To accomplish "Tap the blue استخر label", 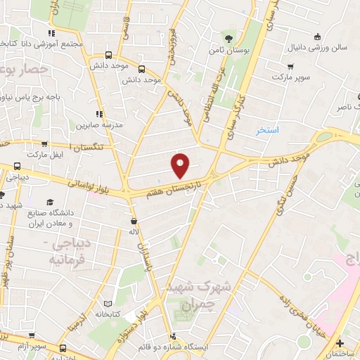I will (x=267, y=130).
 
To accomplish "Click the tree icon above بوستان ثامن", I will (x=227, y=38).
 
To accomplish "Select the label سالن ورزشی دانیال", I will (x=316, y=51).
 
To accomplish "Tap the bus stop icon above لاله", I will (x=130, y=219).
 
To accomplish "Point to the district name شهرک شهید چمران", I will (x=191, y=296).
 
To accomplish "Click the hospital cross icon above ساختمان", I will (x=340, y=342).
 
